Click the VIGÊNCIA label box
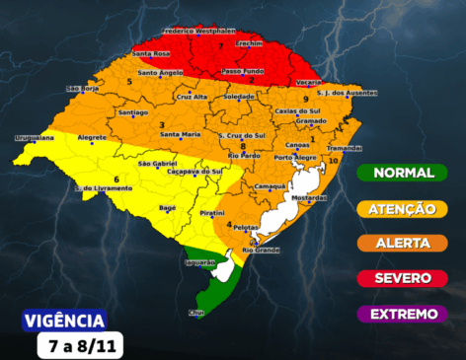[x=63, y=321]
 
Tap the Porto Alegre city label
[x=296, y=158]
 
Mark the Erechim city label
[x=250, y=43]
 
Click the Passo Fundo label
[x=243, y=71]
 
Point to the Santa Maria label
[x=181, y=134]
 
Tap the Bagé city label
[x=168, y=208]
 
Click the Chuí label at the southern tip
[x=195, y=313]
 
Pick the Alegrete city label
[x=92, y=138]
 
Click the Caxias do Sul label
[x=297, y=111]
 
